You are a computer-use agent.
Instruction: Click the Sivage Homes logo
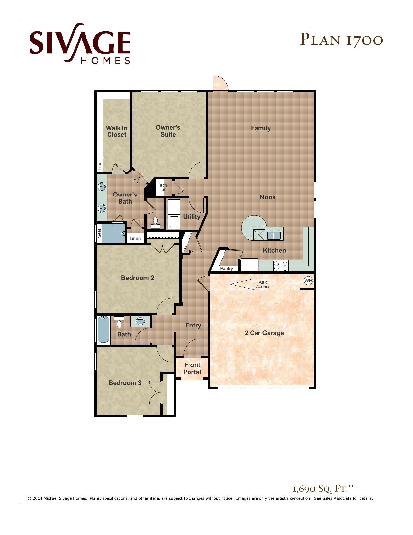point(80,43)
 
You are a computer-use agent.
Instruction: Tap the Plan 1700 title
point(341,40)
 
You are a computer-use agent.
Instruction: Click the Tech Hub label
point(162,187)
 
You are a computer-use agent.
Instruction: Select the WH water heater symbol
point(308,280)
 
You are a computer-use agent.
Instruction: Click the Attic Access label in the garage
point(263,284)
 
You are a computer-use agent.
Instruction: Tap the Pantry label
point(226,269)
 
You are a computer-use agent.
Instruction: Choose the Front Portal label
point(192,368)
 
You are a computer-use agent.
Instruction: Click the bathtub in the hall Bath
point(104,330)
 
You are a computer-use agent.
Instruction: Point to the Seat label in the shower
point(99,233)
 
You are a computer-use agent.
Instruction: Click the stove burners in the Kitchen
point(281,266)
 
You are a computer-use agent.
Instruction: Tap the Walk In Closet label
point(117,131)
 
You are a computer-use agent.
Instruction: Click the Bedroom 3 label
point(125,383)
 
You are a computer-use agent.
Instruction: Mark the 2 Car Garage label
point(264,333)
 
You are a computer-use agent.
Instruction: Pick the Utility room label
point(191,217)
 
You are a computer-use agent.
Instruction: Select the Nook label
point(268,197)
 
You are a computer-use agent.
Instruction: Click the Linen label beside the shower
point(135,238)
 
